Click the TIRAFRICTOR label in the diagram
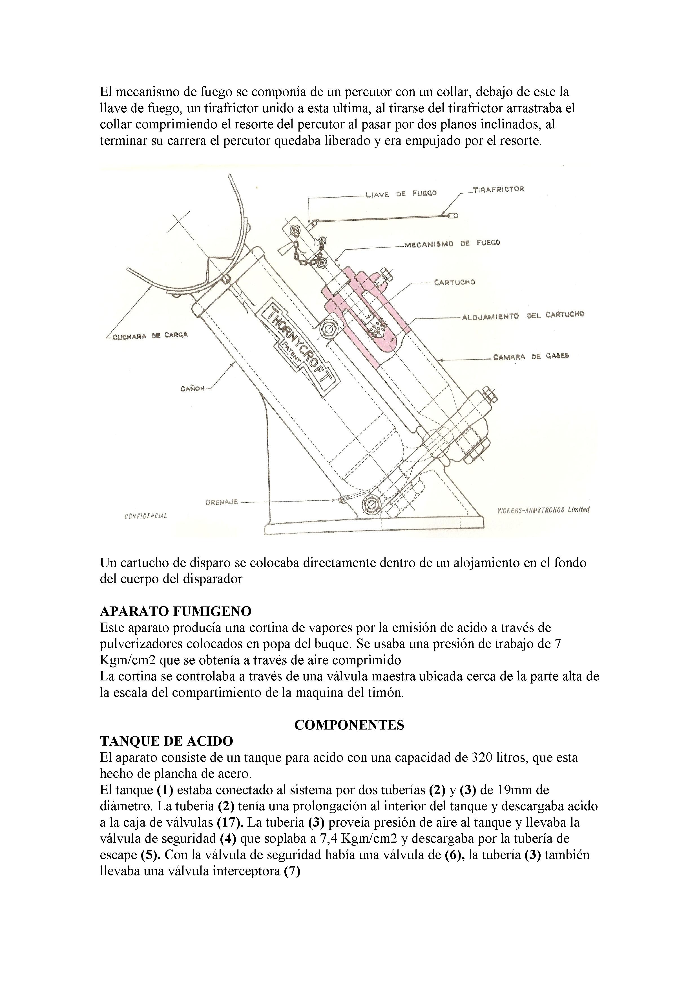point(499,189)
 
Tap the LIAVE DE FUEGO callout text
point(401,194)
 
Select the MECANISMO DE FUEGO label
point(452,244)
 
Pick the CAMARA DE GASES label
point(531,357)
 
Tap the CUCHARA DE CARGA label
point(150,336)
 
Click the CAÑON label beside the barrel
point(192,389)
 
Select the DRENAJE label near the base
point(221,502)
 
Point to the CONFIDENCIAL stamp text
point(145,516)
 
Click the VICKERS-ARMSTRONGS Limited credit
point(543,510)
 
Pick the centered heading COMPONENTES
point(349,725)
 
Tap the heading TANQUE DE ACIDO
point(167,741)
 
